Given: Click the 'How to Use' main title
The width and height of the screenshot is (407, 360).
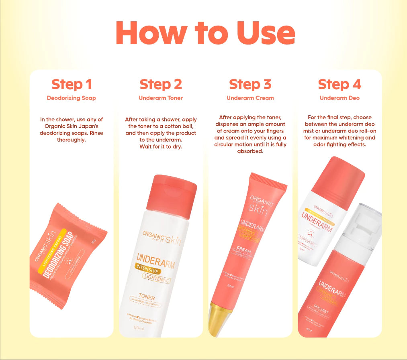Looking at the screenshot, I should pyautogui.click(x=205, y=33).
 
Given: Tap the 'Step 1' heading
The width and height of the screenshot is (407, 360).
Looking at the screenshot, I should pyautogui.click(x=72, y=84).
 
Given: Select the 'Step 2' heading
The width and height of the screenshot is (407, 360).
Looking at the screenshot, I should pyautogui.click(x=161, y=84).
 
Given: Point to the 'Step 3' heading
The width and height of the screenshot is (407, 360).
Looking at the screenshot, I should pyautogui.click(x=250, y=84).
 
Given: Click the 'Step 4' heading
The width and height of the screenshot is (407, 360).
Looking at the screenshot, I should pyautogui.click(x=340, y=84).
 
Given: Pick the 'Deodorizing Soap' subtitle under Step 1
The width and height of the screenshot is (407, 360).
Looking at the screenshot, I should pyautogui.click(x=72, y=98).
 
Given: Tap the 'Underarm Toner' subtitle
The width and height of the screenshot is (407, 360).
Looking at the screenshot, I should pyautogui.click(x=161, y=98).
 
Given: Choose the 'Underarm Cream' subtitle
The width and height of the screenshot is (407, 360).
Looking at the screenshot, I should pyautogui.click(x=250, y=98).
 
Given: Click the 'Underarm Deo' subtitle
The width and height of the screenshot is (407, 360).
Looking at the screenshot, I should pyautogui.click(x=340, y=98).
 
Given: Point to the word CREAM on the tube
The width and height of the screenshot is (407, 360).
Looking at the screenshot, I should pyautogui.click(x=244, y=249).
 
